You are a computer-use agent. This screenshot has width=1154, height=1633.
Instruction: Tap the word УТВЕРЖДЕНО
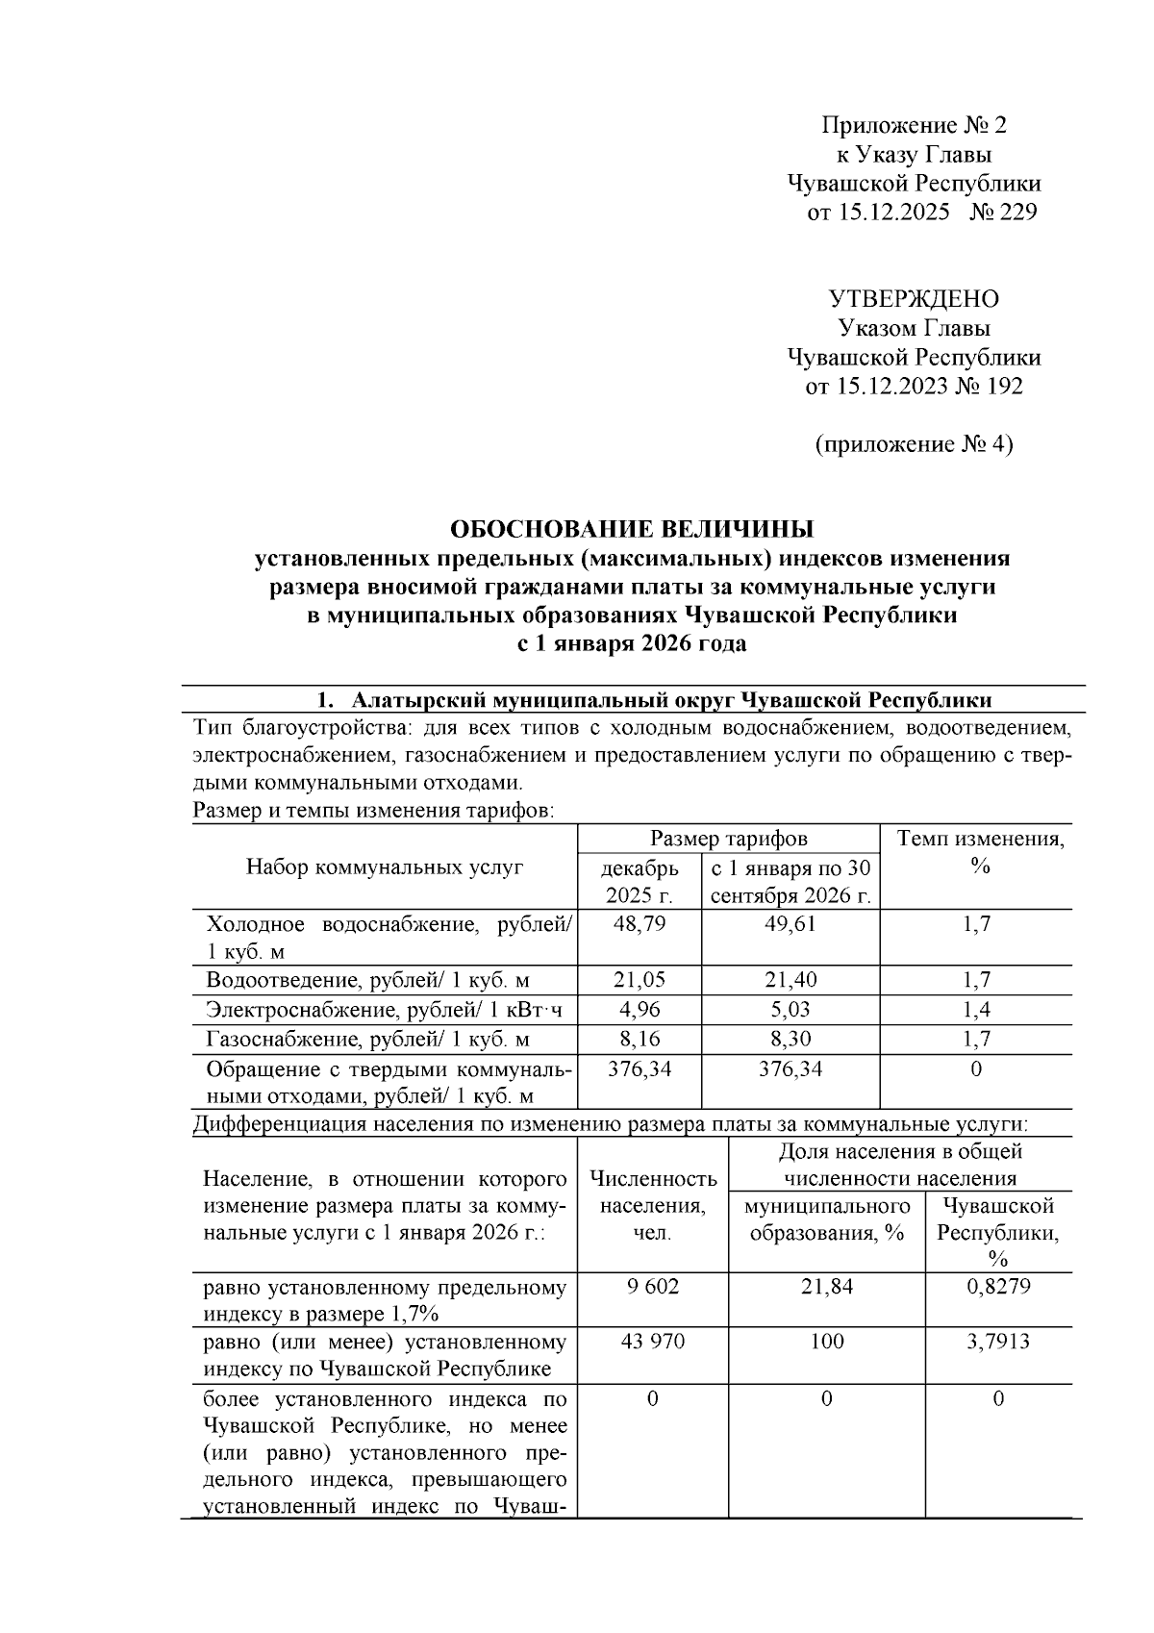(914, 299)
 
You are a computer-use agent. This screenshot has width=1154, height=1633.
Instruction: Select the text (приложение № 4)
(914, 444)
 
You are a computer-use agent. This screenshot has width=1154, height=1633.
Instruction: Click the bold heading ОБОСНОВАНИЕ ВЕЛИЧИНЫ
(632, 529)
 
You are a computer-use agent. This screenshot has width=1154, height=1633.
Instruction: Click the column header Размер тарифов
(728, 839)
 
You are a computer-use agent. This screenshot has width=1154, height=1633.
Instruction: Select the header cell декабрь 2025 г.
(640, 882)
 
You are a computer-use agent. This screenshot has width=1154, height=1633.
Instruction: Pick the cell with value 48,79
(640, 924)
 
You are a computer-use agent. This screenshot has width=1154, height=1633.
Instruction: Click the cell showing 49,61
(790, 924)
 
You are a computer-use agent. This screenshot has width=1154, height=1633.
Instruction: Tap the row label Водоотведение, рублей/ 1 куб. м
(368, 981)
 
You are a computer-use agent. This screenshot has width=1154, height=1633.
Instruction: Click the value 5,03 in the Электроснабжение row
(790, 1010)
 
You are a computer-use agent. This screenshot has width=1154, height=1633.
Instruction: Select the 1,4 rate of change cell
(976, 1010)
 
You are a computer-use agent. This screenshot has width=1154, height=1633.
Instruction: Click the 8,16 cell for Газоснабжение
(640, 1039)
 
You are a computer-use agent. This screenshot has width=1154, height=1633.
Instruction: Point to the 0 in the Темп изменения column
(976, 1068)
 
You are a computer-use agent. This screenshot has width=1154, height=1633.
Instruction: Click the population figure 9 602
(652, 1286)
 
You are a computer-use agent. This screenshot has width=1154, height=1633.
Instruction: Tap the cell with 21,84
(826, 1286)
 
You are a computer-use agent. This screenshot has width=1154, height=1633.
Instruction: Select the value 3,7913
(997, 1341)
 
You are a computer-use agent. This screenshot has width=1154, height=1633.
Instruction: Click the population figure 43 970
(652, 1341)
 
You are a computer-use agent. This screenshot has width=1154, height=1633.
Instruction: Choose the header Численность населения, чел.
(652, 1205)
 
